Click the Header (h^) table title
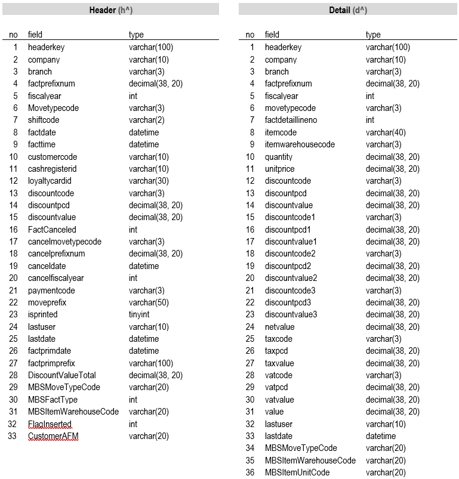click(110, 10)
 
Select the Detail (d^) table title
click(348, 10)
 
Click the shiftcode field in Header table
click(44, 120)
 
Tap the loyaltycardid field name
click(48, 181)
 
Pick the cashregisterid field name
click(53, 169)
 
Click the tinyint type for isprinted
click(141, 314)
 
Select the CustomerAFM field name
click(53, 436)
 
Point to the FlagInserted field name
click(50, 424)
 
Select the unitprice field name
click(280, 169)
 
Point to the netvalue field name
click(280, 327)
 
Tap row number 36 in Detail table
click(250, 472)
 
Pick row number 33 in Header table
click(13, 436)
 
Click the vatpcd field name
click(278, 388)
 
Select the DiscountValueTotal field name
click(62, 375)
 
